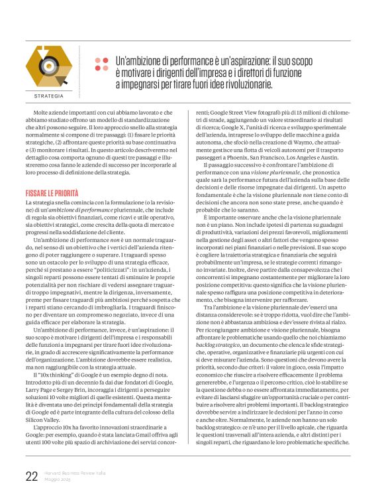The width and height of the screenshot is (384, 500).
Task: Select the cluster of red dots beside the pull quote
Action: (x=101, y=64)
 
